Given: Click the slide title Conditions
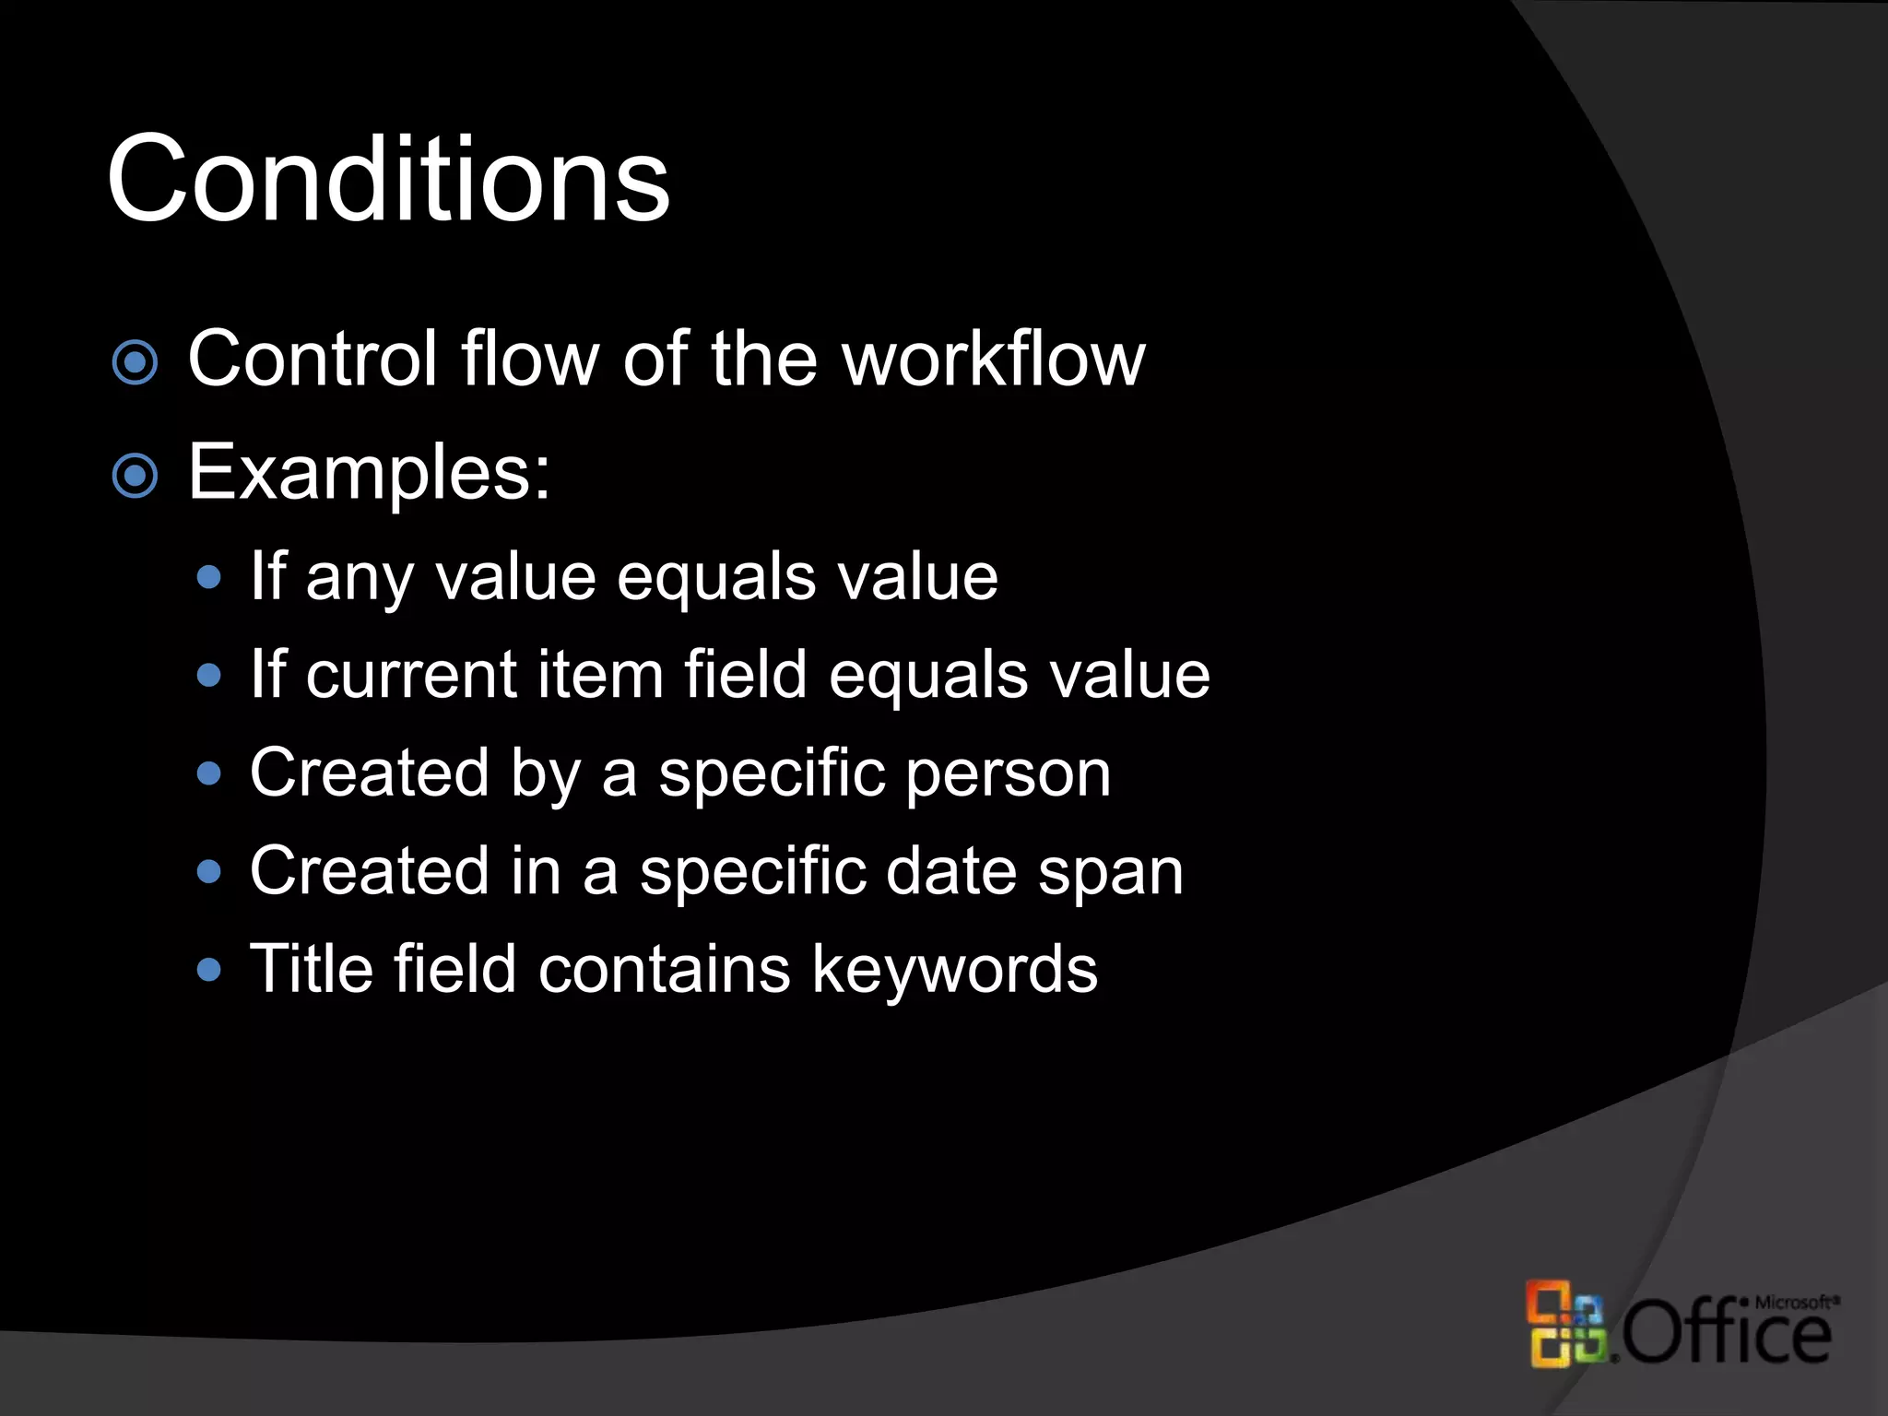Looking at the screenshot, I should tap(388, 179).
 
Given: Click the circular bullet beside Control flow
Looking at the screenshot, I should tap(136, 362).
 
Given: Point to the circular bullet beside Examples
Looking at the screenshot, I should tap(136, 476).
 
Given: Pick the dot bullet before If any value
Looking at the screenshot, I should tap(210, 578).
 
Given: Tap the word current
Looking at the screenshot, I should tap(411, 676).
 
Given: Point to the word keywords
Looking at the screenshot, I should tap(954, 970).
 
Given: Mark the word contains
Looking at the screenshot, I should tap(665, 970).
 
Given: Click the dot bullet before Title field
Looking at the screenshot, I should tap(210, 970).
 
